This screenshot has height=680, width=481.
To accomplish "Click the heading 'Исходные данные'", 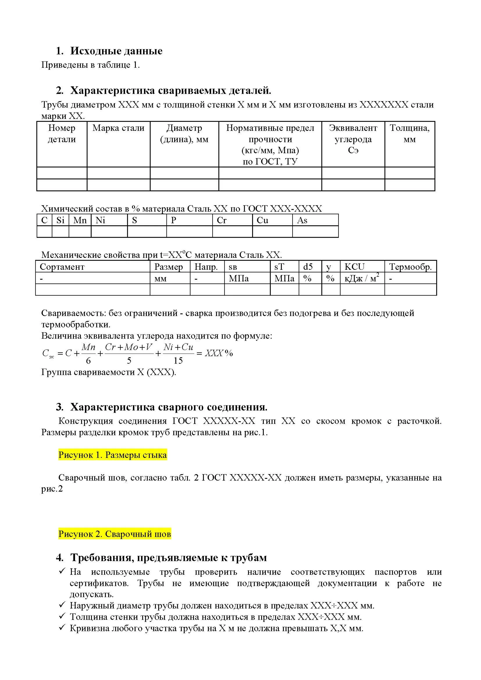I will (116, 51).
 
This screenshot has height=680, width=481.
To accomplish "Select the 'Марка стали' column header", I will (118, 128).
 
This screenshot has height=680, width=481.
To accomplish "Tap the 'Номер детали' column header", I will (62, 133).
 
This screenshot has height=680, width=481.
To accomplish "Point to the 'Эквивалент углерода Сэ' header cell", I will (353, 139).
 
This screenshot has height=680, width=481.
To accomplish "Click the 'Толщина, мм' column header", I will (410, 133).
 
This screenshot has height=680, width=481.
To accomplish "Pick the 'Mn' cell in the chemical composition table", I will (80, 220).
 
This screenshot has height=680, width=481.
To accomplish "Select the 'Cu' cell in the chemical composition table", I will (262, 220).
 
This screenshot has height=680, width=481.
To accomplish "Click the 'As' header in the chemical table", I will (302, 220).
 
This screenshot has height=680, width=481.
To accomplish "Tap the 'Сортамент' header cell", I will (62, 267).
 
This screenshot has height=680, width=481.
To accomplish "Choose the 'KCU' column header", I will (354, 267).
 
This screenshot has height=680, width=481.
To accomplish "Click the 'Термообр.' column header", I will (410, 267).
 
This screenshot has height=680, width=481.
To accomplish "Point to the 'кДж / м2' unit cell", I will (362, 279).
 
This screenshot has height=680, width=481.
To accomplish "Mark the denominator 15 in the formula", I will (178, 360).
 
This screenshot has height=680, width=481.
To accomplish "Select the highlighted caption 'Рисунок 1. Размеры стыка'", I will (113, 455).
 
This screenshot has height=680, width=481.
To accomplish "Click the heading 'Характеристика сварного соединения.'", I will (169, 407).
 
